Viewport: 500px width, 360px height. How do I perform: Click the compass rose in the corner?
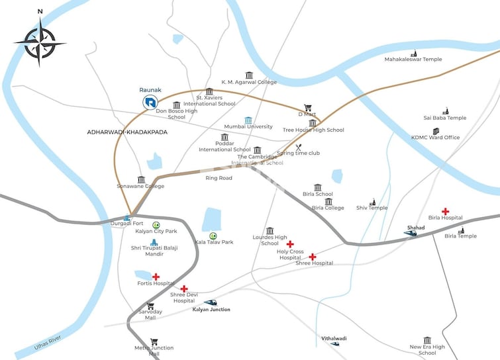click(x=40, y=42)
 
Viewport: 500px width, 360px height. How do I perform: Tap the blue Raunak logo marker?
click(x=150, y=102)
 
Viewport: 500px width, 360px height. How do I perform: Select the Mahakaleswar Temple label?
click(x=413, y=60)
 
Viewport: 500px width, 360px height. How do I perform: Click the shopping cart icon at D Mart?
click(x=308, y=107)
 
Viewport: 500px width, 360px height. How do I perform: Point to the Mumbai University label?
click(x=248, y=126)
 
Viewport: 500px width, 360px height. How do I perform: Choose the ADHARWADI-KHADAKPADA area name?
click(x=127, y=132)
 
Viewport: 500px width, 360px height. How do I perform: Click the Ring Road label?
click(x=219, y=178)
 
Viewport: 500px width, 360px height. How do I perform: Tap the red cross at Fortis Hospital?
click(x=156, y=277)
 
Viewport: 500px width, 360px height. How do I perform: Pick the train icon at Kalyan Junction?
click(x=211, y=303)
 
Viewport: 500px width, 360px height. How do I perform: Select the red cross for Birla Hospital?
click(x=445, y=211)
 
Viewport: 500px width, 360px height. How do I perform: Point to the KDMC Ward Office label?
click(x=435, y=138)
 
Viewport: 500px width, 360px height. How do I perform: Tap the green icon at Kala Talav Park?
click(x=213, y=236)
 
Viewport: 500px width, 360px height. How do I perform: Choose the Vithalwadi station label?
click(x=334, y=338)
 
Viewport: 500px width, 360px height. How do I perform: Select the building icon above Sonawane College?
click(x=141, y=179)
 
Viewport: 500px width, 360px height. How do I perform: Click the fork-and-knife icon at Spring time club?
click(x=298, y=148)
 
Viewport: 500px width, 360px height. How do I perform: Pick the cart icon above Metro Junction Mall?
click(x=154, y=342)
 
